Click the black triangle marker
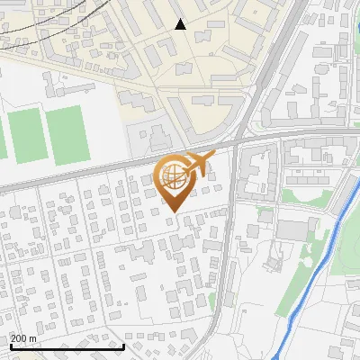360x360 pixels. [x=180, y=24]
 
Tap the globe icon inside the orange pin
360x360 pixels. [x=172, y=176]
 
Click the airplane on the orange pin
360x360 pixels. [x=197, y=163]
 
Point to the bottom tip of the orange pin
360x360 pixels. [x=172, y=212]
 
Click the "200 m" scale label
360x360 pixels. [x=23, y=338]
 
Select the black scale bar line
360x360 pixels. [x=67, y=346]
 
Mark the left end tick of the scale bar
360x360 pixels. [x=10, y=345]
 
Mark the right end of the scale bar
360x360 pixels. [x=123, y=345]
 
